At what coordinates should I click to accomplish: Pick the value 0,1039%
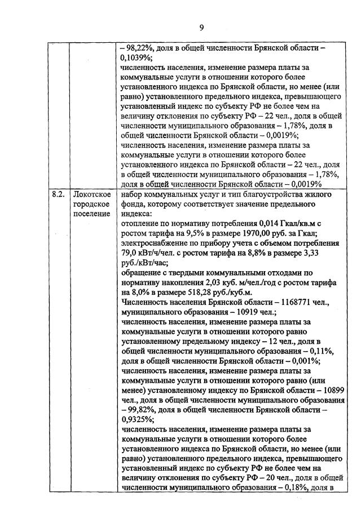(x=136, y=57)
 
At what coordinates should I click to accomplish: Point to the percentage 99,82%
(x=137, y=410)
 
